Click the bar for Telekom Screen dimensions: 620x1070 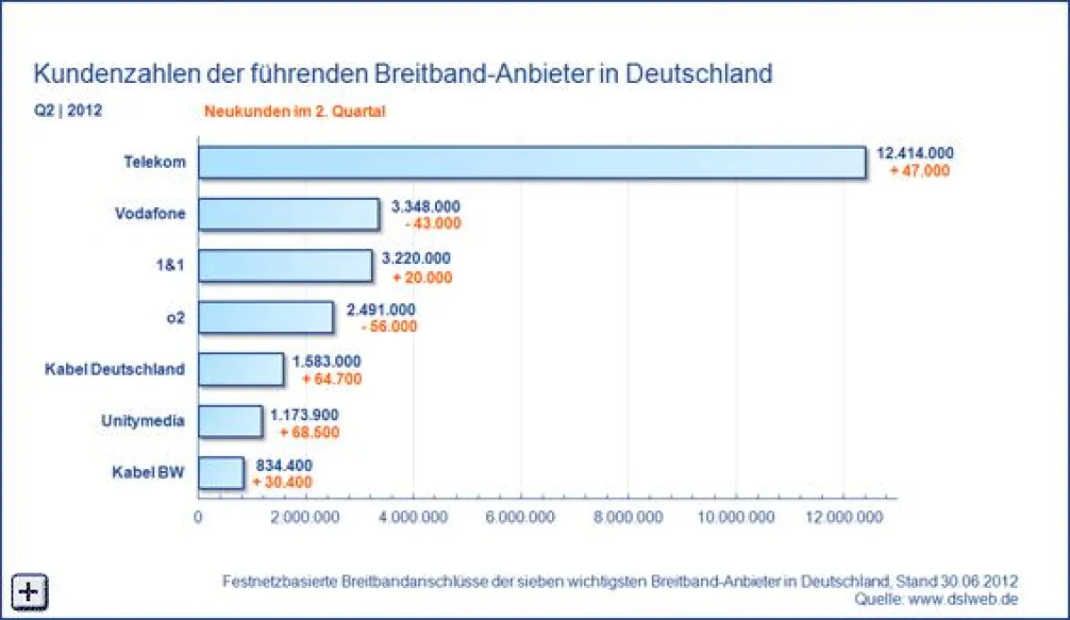pyautogui.click(x=531, y=163)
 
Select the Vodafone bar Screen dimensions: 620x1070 pyautogui.click(x=289, y=214)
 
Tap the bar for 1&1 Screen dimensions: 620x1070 pyautogui.click(x=285, y=266)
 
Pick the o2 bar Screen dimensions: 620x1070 pyautogui.click(x=266, y=318)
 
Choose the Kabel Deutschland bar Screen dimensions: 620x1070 pyautogui.click(x=241, y=369)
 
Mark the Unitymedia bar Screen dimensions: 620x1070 pyautogui.click(x=230, y=421)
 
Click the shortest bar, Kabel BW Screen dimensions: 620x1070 pyautogui.click(x=220, y=473)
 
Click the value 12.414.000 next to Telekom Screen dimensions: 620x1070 pyautogui.click(x=915, y=154)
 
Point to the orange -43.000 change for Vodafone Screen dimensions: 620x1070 pyautogui.click(x=432, y=224)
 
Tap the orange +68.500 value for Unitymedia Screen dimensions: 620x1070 pyautogui.click(x=309, y=433)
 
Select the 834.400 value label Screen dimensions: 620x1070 pyautogui.click(x=284, y=465)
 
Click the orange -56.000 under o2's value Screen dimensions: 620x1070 pyautogui.click(x=389, y=327)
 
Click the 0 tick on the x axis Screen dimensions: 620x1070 pyautogui.click(x=198, y=518)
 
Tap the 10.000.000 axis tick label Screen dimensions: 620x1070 pyautogui.click(x=737, y=518)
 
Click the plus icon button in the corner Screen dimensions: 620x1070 pyautogui.click(x=29, y=590)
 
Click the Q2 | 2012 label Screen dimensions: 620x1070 pyautogui.click(x=68, y=112)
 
